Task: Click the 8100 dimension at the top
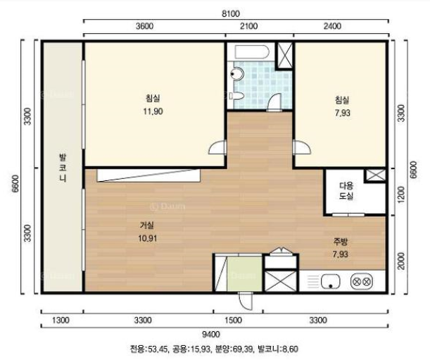click(231, 13)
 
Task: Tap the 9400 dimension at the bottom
click(210, 335)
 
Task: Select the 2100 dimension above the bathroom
click(248, 26)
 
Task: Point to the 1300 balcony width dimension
click(61, 320)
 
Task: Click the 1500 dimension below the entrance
click(233, 320)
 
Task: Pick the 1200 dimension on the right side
click(400, 194)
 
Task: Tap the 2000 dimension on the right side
click(400, 261)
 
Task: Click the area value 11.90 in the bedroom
click(153, 111)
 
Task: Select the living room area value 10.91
click(148, 238)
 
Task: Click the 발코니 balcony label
click(63, 168)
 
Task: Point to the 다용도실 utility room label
click(346, 191)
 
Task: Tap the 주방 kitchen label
click(341, 242)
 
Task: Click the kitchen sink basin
click(331, 282)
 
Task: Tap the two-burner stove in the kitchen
click(362, 282)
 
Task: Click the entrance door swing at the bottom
click(246, 301)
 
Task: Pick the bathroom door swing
click(274, 102)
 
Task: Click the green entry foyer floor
click(245, 274)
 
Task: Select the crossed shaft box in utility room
click(375, 175)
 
